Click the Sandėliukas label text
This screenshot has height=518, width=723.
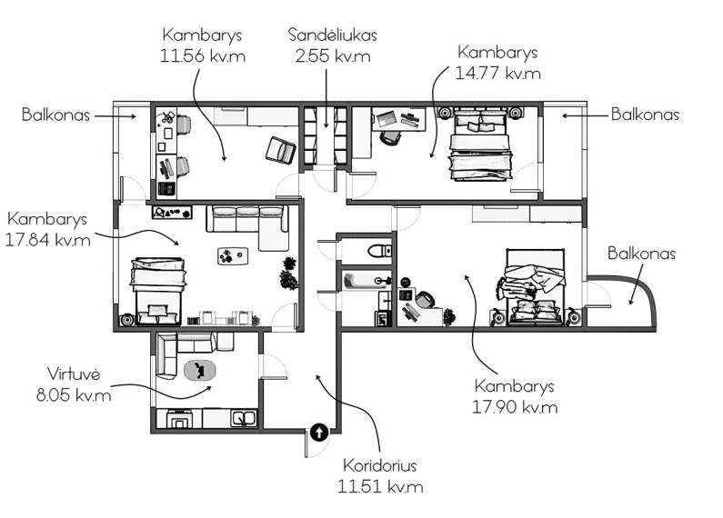(x=333, y=35)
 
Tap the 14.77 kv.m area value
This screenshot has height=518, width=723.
(x=497, y=74)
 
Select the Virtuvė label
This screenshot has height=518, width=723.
(x=74, y=374)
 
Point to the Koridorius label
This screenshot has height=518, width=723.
(x=379, y=465)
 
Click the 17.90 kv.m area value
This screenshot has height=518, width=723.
(x=515, y=407)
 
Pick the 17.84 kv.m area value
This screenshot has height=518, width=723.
(x=47, y=240)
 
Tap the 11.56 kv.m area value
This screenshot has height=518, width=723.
(x=203, y=55)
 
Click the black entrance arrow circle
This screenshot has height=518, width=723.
(x=319, y=433)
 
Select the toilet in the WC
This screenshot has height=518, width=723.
(x=379, y=251)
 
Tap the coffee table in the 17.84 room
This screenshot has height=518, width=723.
(x=233, y=255)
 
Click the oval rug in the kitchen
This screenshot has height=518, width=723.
(x=200, y=370)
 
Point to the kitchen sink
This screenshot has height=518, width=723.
(x=245, y=418)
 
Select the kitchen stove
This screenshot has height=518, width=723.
(x=180, y=419)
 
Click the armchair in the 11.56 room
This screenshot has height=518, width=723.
(x=281, y=150)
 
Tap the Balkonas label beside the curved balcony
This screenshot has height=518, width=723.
(x=641, y=253)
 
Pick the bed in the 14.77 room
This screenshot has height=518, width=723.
(x=480, y=144)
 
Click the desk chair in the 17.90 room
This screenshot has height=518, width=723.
(x=425, y=299)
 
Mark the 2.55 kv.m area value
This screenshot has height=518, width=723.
(x=333, y=56)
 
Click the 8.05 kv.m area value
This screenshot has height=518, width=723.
(x=74, y=395)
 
